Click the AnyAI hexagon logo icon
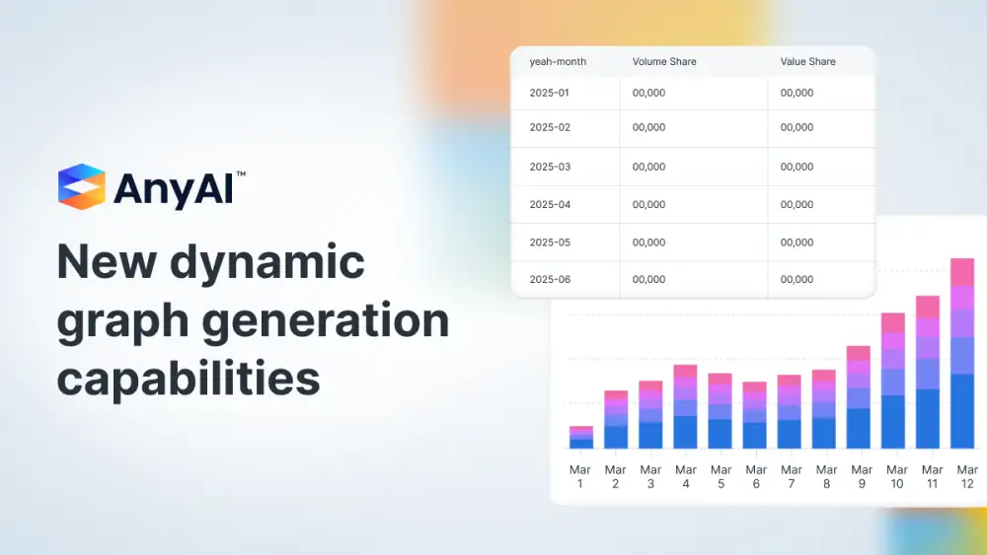pos(82,186)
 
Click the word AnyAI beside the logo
pos(174,188)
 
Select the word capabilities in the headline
pos(189,379)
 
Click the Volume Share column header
pos(664,61)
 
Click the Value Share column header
pos(807,61)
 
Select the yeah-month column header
pos(558,61)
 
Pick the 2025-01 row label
pos(549,93)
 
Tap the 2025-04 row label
pos(550,204)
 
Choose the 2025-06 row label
pos(550,279)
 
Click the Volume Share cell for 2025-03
pos(648,167)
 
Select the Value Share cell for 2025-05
pos(797,242)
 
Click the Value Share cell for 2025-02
pos(797,127)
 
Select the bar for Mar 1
pos(581,438)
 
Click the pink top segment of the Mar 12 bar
pos(961,272)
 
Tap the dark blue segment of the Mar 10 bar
pos(892,422)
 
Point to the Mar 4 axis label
pos(686,476)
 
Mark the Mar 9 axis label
pos(861,476)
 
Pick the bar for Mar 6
pos(754,415)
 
